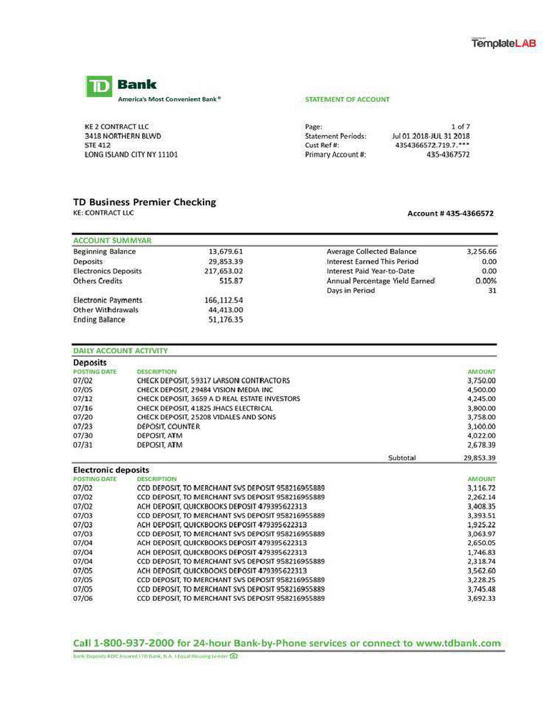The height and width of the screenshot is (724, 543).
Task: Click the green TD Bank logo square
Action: (x=100, y=86)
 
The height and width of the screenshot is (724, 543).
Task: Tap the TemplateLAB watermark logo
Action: (x=504, y=44)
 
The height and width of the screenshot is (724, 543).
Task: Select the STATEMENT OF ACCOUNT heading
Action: (x=346, y=100)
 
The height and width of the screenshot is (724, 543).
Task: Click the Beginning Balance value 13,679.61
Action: (x=226, y=252)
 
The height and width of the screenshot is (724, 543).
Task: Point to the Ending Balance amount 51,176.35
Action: (x=226, y=320)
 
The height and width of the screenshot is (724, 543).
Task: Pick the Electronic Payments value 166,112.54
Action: (x=223, y=300)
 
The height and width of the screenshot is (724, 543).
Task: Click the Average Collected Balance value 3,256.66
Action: (x=481, y=252)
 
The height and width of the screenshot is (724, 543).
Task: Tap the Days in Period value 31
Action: (x=492, y=291)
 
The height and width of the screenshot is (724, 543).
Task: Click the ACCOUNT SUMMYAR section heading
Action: (x=112, y=240)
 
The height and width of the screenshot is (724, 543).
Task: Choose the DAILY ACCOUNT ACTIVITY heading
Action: (x=120, y=351)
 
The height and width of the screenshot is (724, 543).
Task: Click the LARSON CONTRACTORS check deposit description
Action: (x=213, y=380)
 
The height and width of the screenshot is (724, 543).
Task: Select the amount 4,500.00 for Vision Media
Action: (x=481, y=390)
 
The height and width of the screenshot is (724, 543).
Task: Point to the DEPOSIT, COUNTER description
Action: (x=168, y=426)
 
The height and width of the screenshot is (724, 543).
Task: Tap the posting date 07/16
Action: (x=83, y=408)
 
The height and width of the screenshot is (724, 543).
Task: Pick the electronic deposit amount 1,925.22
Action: (x=481, y=525)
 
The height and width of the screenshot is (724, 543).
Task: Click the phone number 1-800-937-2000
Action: (x=134, y=643)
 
